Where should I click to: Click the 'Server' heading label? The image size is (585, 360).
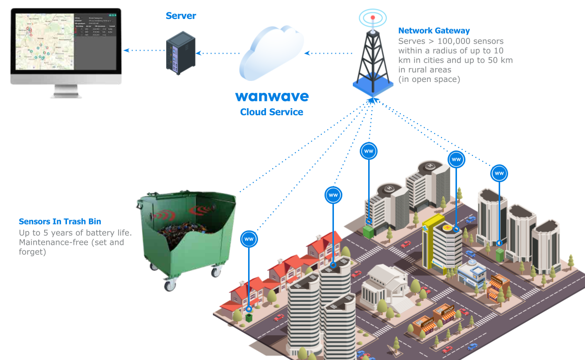181,16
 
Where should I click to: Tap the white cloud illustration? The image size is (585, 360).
271,54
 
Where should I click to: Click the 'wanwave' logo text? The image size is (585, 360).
272,96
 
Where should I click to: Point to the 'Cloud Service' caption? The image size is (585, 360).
271,112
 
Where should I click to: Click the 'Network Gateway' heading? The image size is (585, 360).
434,31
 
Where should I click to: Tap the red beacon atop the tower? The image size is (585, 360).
373,18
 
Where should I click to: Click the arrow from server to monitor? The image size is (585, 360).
143,51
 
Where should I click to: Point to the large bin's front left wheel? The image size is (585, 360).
170,285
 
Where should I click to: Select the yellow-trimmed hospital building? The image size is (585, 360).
437,243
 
